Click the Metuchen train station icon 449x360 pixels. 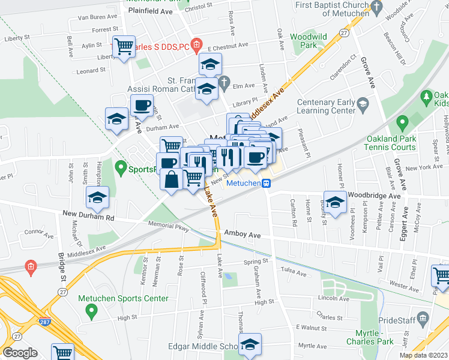(x=265, y=184)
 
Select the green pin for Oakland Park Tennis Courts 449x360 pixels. (x=402, y=123)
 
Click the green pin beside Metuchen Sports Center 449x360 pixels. (x=91, y=311)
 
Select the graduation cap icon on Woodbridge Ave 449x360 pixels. (x=335, y=200)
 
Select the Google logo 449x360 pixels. (x=20, y=352)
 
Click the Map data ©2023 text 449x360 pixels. (x=423, y=355)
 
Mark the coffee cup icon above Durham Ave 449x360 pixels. (x=142, y=106)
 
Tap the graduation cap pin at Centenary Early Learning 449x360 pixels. (x=363, y=104)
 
